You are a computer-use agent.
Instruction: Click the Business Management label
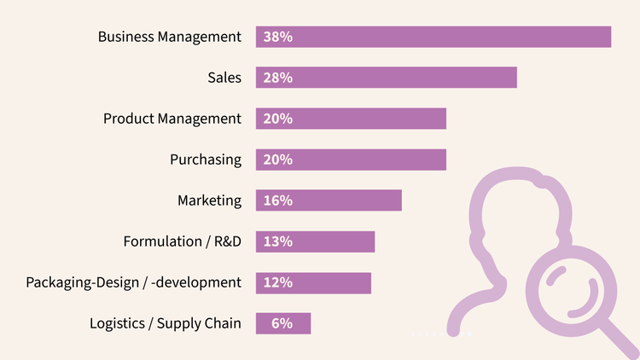tap(170, 37)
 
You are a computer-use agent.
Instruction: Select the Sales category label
tap(224, 78)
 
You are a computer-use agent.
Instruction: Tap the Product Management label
tap(172, 119)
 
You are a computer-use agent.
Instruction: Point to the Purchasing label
tap(206, 160)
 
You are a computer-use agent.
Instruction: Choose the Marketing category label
tap(209, 200)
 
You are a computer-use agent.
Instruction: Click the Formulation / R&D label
tap(183, 241)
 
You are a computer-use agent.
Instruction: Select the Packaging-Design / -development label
tap(134, 282)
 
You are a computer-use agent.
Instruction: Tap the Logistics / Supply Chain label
tap(166, 323)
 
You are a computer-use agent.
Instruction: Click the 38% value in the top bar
tap(278, 37)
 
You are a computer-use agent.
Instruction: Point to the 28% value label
tap(278, 78)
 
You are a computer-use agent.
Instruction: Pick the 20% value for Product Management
tap(278, 119)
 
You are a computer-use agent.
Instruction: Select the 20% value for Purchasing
tap(278, 160)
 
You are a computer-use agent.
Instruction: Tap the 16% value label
tap(278, 200)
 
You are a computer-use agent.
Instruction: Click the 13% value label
tap(278, 241)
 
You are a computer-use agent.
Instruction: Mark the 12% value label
tap(278, 282)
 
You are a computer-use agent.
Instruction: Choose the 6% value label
tap(282, 323)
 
